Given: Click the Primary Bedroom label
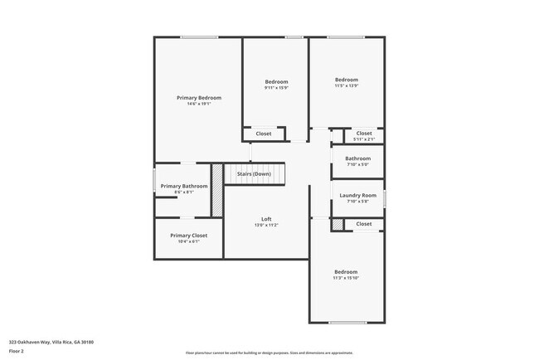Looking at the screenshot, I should pos(199,98).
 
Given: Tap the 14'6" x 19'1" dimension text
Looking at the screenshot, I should pos(199,105).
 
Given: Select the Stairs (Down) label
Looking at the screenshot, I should pos(254,174).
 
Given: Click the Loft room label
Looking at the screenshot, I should pos(266,219).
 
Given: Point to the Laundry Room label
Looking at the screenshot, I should pos(358,195).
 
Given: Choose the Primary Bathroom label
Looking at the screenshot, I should pos(184,186).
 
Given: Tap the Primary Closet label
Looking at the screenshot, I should pos(189,236).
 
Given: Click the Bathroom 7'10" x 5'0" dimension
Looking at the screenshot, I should pos(358,164).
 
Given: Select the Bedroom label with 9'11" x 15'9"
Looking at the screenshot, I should pos(276,81).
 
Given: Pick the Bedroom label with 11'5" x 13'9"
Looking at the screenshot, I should pos(346,80).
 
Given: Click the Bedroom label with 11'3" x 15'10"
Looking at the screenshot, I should pos(346,272).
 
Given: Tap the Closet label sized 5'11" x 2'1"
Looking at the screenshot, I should pos(364,133).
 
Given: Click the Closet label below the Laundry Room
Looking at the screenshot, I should pos(364,224).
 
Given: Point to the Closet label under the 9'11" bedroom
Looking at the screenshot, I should pos(264,134).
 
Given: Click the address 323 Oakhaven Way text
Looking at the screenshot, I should pos(51,342).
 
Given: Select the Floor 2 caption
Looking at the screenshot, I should pos(17,351).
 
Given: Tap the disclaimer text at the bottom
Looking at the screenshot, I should pos(269,352).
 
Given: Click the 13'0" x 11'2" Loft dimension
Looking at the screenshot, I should pos(266,226).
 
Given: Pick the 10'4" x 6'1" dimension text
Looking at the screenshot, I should pos(189,242).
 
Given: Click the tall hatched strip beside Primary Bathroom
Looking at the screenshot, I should pos(217,190).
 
